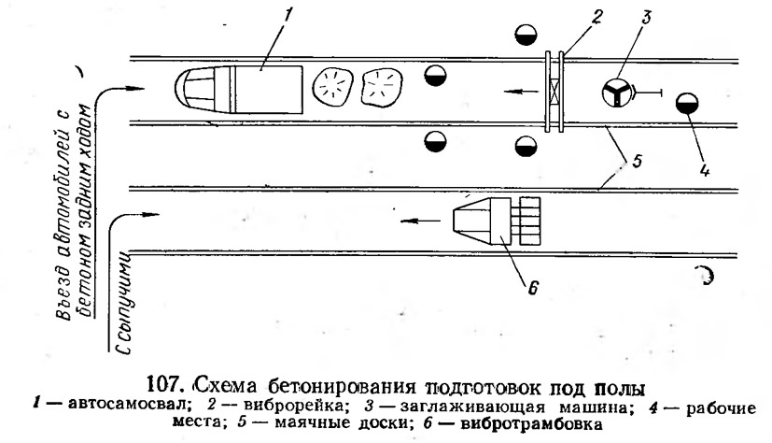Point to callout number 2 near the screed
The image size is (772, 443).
coord(597,18)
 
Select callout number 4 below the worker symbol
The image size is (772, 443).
coord(704,170)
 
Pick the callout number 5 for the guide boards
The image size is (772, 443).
coord(637,161)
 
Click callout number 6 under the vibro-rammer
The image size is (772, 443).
coord(532,287)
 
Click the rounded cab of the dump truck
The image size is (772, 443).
coord(195,90)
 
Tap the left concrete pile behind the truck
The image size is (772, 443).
coord(333,88)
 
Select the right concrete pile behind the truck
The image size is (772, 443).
coord(382,87)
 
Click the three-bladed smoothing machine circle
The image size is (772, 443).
coord(616,93)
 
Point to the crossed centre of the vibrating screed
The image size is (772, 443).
coord(554,92)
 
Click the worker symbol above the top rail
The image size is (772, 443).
coord(526,35)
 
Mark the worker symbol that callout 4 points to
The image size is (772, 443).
coord(687,103)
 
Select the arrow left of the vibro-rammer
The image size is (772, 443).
coord(420,221)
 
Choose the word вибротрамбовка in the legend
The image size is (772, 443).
coord(531,423)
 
